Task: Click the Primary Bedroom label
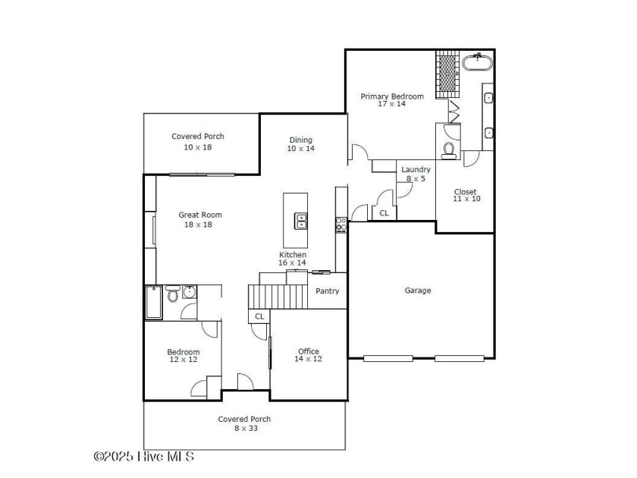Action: pyautogui.click(x=392, y=96)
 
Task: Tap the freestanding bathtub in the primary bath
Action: pyautogui.click(x=477, y=63)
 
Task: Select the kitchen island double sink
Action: pyautogui.click(x=301, y=221)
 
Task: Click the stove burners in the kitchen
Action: pyautogui.click(x=340, y=225)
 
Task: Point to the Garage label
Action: pyautogui.click(x=418, y=290)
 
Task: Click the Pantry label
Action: pyautogui.click(x=327, y=291)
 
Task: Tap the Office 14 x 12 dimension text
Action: pyautogui.click(x=308, y=358)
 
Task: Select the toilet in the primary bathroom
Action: pyautogui.click(x=448, y=150)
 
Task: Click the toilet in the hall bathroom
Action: pyautogui.click(x=173, y=294)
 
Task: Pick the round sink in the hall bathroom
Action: pyautogui.click(x=190, y=291)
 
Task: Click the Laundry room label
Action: pyautogui.click(x=416, y=169)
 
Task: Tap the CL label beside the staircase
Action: pyautogui.click(x=259, y=316)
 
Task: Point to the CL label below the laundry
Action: pyautogui.click(x=384, y=213)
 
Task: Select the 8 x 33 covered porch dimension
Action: pyautogui.click(x=246, y=428)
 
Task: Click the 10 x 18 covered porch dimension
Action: pyautogui.click(x=198, y=147)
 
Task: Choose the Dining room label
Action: pyautogui.click(x=300, y=140)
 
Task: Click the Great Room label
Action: pyautogui.click(x=200, y=215)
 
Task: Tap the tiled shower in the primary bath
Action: pyautogui.click(x=447, y=74)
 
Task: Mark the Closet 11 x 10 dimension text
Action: pyautogui.click(x=467, y=199)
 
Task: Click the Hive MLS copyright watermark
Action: pyautogui.click(x=144, y=457)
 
